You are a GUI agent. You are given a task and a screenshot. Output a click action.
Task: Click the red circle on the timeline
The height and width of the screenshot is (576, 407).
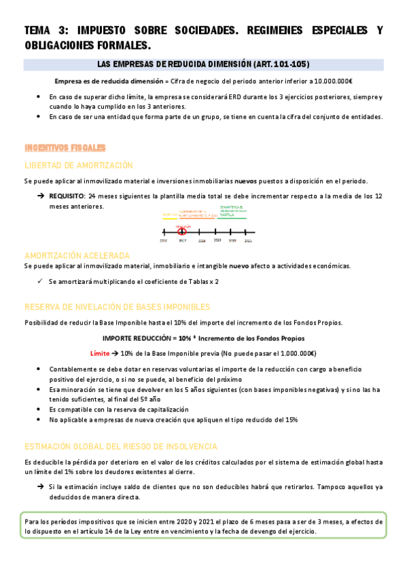coord(182,232)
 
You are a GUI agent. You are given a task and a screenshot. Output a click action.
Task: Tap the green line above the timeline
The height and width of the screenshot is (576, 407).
coord(232,219)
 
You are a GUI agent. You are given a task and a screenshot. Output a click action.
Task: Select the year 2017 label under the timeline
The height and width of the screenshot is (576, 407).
coord(182,240)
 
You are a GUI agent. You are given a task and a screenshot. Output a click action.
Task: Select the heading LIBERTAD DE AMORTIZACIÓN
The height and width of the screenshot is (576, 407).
coord(79,165)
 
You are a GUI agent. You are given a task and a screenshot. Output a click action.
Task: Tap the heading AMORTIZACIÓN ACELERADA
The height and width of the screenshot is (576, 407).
coord(77,255)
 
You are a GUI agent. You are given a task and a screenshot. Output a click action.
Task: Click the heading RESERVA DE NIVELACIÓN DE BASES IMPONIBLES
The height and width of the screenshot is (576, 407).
coord(117,306)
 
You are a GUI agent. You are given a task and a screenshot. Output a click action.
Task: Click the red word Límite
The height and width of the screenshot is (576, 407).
coord(101,354)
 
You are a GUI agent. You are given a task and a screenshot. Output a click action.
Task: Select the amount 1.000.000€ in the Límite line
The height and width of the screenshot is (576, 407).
coord(294,354)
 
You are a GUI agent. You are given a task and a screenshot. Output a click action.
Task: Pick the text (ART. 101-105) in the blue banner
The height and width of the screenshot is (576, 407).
coord(281,65)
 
